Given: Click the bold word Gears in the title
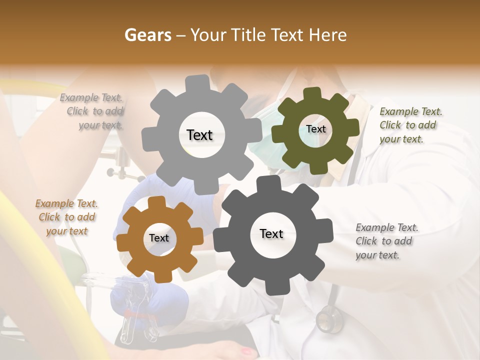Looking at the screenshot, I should pos(147,35).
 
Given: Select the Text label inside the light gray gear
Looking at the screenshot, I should pos(199,135).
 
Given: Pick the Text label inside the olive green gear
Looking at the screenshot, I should pos(315,129).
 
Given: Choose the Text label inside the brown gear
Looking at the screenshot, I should pos(159,238).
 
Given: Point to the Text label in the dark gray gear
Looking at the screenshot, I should pos(271,234).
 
